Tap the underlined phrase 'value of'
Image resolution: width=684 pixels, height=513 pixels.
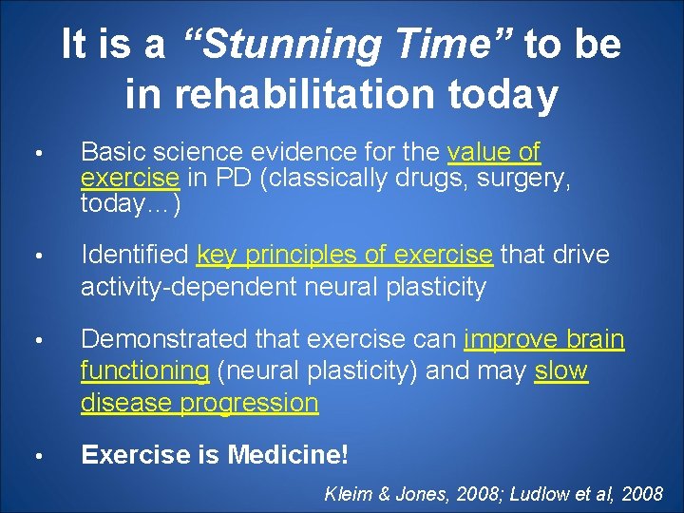pos(492,152)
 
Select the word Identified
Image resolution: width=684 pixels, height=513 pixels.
pos(135,256)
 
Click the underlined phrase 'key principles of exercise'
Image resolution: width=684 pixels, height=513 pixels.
pos(345,256)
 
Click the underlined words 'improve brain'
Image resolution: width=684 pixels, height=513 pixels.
pos(543,339)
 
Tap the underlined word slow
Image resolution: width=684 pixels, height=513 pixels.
pos(561,370)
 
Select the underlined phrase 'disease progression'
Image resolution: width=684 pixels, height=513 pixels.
pos(199,402)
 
